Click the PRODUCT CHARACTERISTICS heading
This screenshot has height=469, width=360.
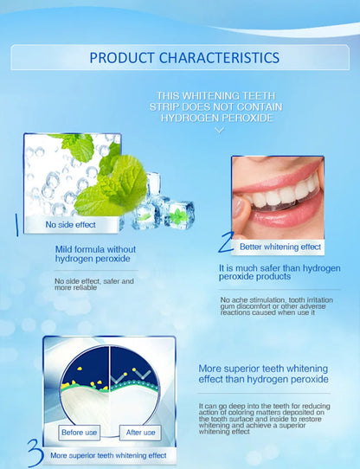click(x=184, y=58)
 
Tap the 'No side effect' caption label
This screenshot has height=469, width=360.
click(x=71, y=225)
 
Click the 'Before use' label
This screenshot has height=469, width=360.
click(x=80, y=432)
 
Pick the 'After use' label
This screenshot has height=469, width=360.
click(x=139, y=432)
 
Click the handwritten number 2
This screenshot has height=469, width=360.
click(x=226, y=243)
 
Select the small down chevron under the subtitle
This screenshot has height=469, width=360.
click(x=219, y=130)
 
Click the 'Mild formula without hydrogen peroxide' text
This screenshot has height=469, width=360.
click(x=94, y=254)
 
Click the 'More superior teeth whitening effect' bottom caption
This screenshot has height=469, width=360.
click(x=108, y=455)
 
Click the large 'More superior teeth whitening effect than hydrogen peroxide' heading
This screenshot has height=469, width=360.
click(x=263, y=373)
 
